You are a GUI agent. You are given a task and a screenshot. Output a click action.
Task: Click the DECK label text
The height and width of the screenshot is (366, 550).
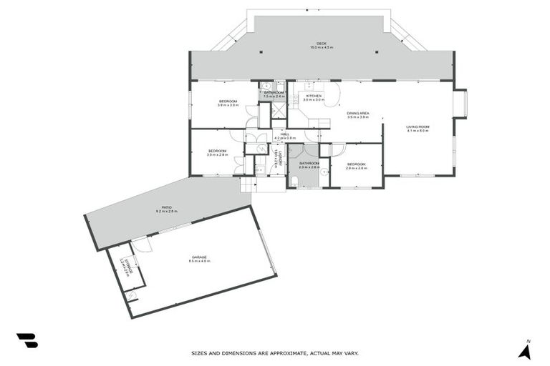(322, 42)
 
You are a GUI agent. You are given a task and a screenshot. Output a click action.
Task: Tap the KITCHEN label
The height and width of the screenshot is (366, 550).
(314, 95)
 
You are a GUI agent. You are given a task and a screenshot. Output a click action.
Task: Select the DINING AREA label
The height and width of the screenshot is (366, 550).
(357, 113)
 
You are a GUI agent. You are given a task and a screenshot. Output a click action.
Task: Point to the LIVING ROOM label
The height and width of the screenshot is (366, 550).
(417, 127)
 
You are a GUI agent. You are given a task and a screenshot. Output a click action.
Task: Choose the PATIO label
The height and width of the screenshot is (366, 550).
(166, 207)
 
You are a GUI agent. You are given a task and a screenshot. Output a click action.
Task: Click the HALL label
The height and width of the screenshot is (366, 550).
(284, 134)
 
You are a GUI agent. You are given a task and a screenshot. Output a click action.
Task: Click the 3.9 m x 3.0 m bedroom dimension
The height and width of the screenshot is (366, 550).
(228, 105)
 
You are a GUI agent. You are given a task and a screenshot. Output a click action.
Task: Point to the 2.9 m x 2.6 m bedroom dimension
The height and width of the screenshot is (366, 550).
(356, 168)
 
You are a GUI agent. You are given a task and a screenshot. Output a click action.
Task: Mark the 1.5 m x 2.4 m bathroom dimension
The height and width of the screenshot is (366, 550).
(274, 96)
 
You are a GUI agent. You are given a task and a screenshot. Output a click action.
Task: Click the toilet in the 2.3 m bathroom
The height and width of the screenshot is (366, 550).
(294, 181)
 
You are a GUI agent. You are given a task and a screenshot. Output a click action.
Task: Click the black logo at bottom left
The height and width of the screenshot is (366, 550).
(27, 341)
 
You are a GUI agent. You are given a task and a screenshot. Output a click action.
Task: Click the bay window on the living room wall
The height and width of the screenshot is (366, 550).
(460, 104)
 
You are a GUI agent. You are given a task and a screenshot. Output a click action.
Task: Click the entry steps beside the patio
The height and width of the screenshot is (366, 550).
(248, 185)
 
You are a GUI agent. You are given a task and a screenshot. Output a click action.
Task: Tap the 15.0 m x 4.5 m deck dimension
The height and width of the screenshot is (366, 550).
(322, 47)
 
